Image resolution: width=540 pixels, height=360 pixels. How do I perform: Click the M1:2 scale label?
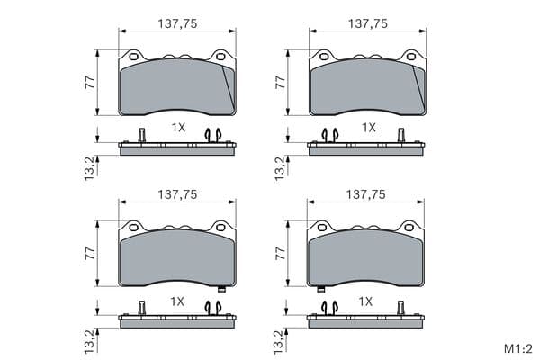(x=518, y=349)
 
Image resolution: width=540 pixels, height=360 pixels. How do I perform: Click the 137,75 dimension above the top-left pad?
(x=177, y=23)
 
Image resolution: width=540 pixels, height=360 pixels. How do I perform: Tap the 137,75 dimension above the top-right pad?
(x=368, y=23)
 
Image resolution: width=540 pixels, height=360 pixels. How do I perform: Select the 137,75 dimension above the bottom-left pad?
(x=177, y=195)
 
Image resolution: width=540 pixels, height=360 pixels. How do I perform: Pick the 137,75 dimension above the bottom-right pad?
(x=365, y=195)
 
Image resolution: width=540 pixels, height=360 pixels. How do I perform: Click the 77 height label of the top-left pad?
(x=90, y=83)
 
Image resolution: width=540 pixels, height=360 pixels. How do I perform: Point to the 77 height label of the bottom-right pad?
(x=281, y=254)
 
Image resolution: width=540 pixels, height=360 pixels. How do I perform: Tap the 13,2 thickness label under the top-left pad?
(x=89, y=168)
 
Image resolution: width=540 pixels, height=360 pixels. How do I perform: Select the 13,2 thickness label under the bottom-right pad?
(x=279, y=342)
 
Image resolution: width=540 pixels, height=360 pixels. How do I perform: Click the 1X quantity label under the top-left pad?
(x=178, y=128)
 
